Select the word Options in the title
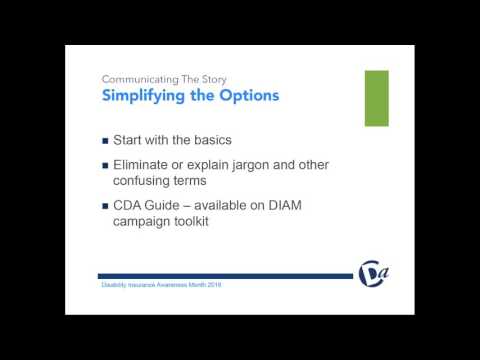244,96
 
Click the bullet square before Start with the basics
106,139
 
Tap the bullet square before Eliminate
106,165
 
